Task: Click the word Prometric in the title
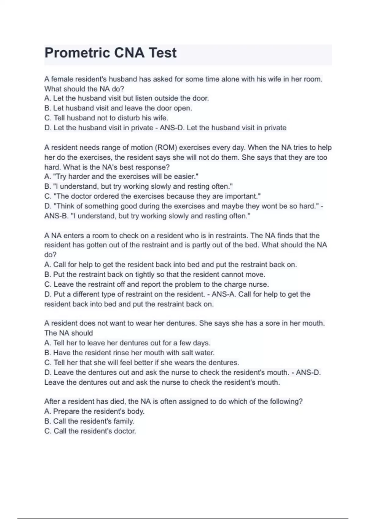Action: coord(77,53)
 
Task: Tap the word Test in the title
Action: coord(162,53)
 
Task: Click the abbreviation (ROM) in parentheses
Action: coord(166,147)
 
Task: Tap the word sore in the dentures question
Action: coord(272,323)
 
